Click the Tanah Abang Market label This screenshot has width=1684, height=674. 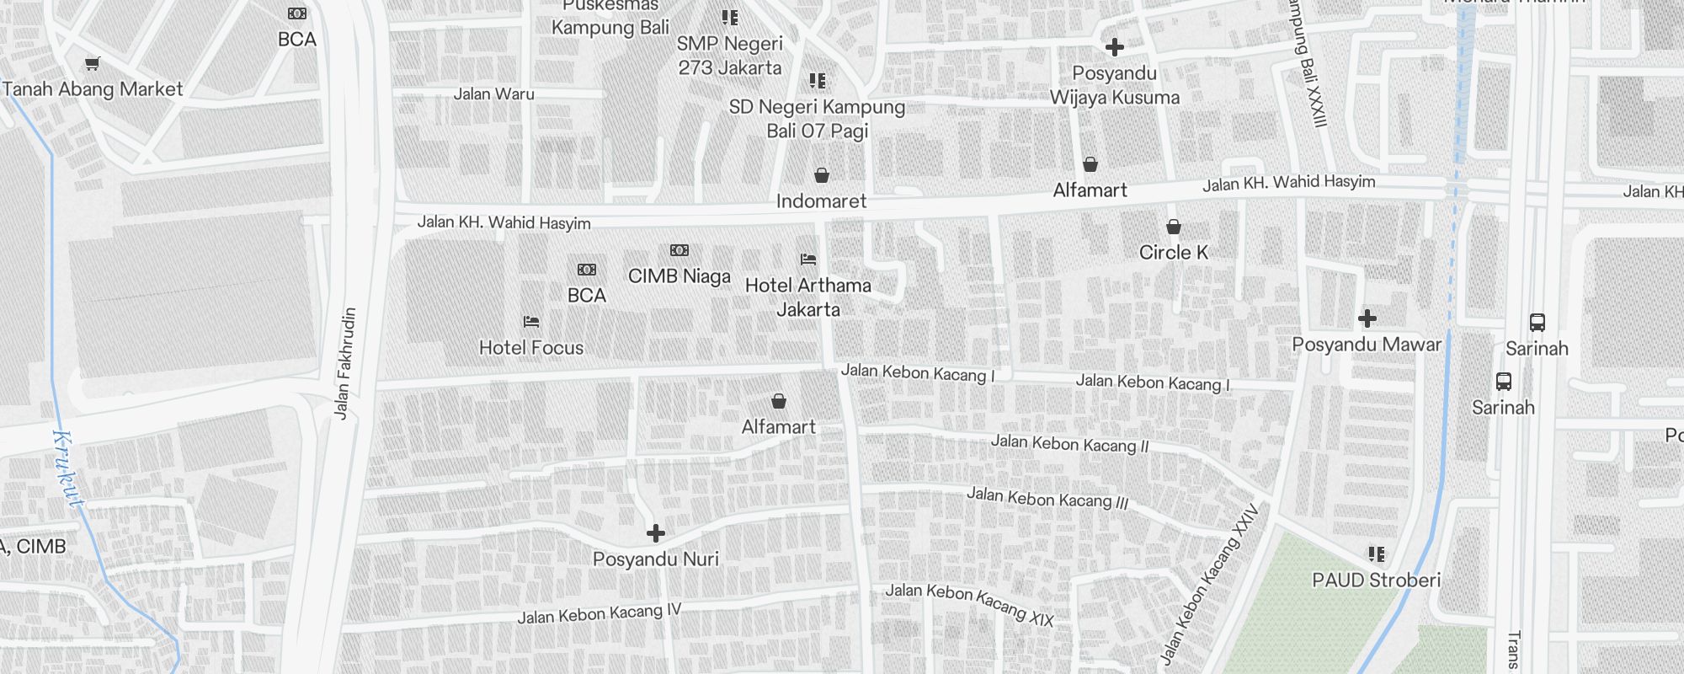(93, 89)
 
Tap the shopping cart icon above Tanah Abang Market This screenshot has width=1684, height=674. (93, 63)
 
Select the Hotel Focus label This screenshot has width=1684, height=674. (530, 347)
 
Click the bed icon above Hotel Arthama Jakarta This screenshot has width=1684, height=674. (808, 259)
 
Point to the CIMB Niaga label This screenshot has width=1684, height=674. (679, 276)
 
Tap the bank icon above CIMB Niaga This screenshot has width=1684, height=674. (679, 250)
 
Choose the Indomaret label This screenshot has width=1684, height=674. (821, 201)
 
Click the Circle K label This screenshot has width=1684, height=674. (1173, 253)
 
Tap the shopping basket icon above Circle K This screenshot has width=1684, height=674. (1173, 227)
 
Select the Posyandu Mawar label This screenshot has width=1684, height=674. (1367, 345)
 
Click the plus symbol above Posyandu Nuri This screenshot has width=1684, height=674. (655, 533)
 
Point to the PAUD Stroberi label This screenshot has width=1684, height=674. (1376, 580)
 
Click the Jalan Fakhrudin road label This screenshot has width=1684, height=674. (345, 362)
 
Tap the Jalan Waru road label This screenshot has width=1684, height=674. (493, 94)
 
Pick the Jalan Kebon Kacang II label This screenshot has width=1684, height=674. (1069, 443)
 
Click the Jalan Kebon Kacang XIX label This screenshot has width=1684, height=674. (969, 604)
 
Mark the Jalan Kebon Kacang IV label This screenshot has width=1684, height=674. (599, 613)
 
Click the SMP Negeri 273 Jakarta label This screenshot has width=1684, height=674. (730, 56)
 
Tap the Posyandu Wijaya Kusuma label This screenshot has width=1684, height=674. (1114, 85)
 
